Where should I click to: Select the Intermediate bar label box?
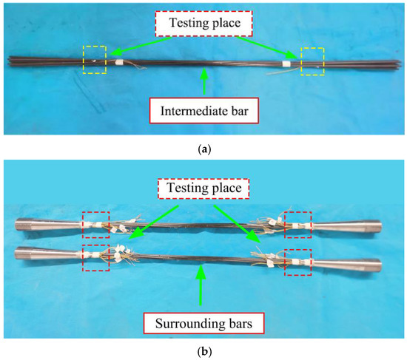coord(203,113)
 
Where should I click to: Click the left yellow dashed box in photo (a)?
coord(94,59)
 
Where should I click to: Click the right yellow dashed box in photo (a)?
coord(312,59)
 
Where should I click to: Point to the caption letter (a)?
coord(204,149)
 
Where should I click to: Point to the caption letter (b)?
coord(204,352)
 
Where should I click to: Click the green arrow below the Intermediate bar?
coord(204,86)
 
